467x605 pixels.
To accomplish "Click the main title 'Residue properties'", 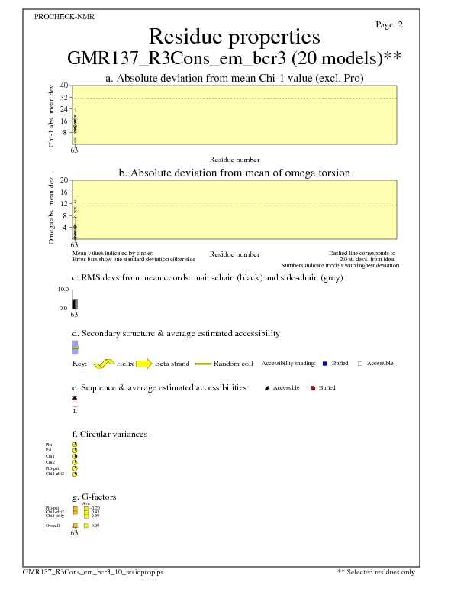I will [234, 37].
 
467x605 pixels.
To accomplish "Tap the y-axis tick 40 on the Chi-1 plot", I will [64, 86].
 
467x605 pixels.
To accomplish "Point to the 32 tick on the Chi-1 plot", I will [64, 98].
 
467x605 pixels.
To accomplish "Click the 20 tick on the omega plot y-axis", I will [65, 180].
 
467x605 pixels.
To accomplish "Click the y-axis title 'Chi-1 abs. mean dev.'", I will [51, 115].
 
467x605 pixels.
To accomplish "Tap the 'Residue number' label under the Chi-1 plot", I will [234, 160].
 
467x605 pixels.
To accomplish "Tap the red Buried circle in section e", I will [313, 388].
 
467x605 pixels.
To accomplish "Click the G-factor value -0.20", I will [95, 508].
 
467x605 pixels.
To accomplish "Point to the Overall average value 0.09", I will [95, 526].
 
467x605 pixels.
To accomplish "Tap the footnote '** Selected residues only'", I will [376, 572].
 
